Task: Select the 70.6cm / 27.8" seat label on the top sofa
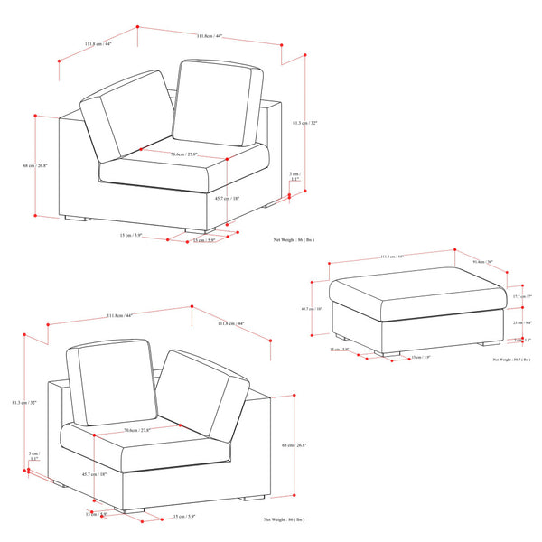[x=185, y=154]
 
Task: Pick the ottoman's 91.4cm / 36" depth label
[x=483, y=263]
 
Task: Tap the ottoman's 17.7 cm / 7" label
[x=522, y=296]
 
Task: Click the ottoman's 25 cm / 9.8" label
[x=522, y=322]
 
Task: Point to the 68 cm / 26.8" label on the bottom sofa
[x=295, y=444]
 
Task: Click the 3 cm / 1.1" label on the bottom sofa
[x=33, y=456]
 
